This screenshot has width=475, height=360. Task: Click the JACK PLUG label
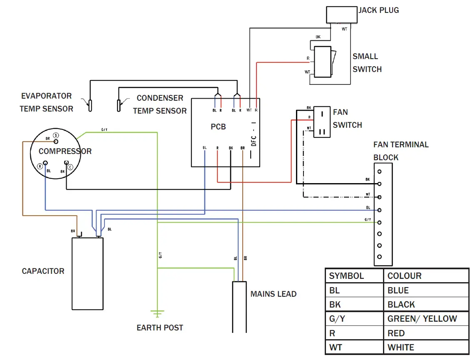coord(378,10)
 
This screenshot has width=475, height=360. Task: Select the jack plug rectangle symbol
coord(341,15)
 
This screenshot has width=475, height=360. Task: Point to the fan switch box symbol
coord(321,122)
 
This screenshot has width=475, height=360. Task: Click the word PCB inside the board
coord(218,127)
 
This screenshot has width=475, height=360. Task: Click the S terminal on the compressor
coord(56,136)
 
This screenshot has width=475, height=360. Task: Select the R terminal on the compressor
coord(40,166)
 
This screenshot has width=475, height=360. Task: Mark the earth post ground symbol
coord(158,313)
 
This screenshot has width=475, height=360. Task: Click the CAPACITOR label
coord(43,271)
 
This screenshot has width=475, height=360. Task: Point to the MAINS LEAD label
coord(274,294)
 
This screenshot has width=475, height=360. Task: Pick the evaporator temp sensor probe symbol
coord(89,104)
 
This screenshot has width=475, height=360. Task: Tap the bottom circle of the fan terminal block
coord(379,257)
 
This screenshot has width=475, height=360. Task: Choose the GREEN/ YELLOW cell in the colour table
coord(422,319)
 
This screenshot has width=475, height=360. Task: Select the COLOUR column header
coord(404,276)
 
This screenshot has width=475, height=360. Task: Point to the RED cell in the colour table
coord(396,333)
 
